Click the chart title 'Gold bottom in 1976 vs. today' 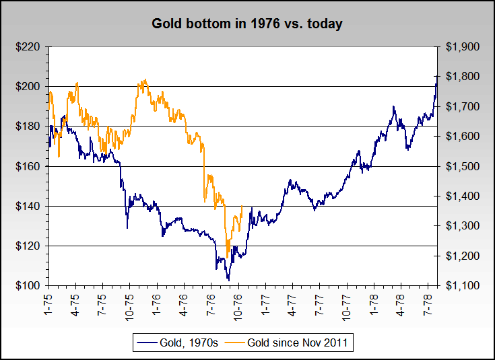click(x=247, y=24)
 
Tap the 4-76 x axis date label click(x=184, y=300)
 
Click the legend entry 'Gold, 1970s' click(x=178, y=343)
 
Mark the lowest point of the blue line click(x=229, y=280)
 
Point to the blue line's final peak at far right click(x=437, y=76)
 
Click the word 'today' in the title click(x=327, y=24)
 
